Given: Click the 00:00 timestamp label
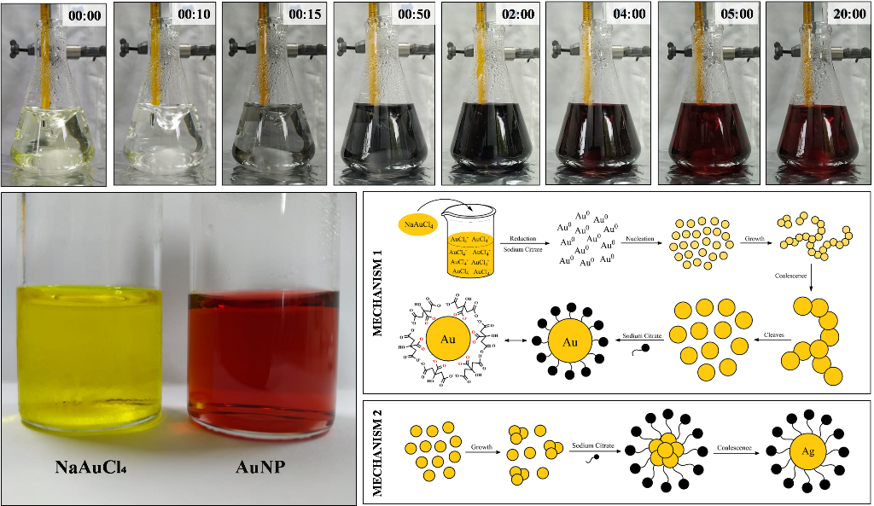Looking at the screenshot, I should point(85,14).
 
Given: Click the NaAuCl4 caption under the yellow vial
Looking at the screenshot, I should point(91,468).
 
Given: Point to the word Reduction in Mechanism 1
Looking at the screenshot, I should point(522,239).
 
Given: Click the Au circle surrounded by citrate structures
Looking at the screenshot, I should point(448,338).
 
